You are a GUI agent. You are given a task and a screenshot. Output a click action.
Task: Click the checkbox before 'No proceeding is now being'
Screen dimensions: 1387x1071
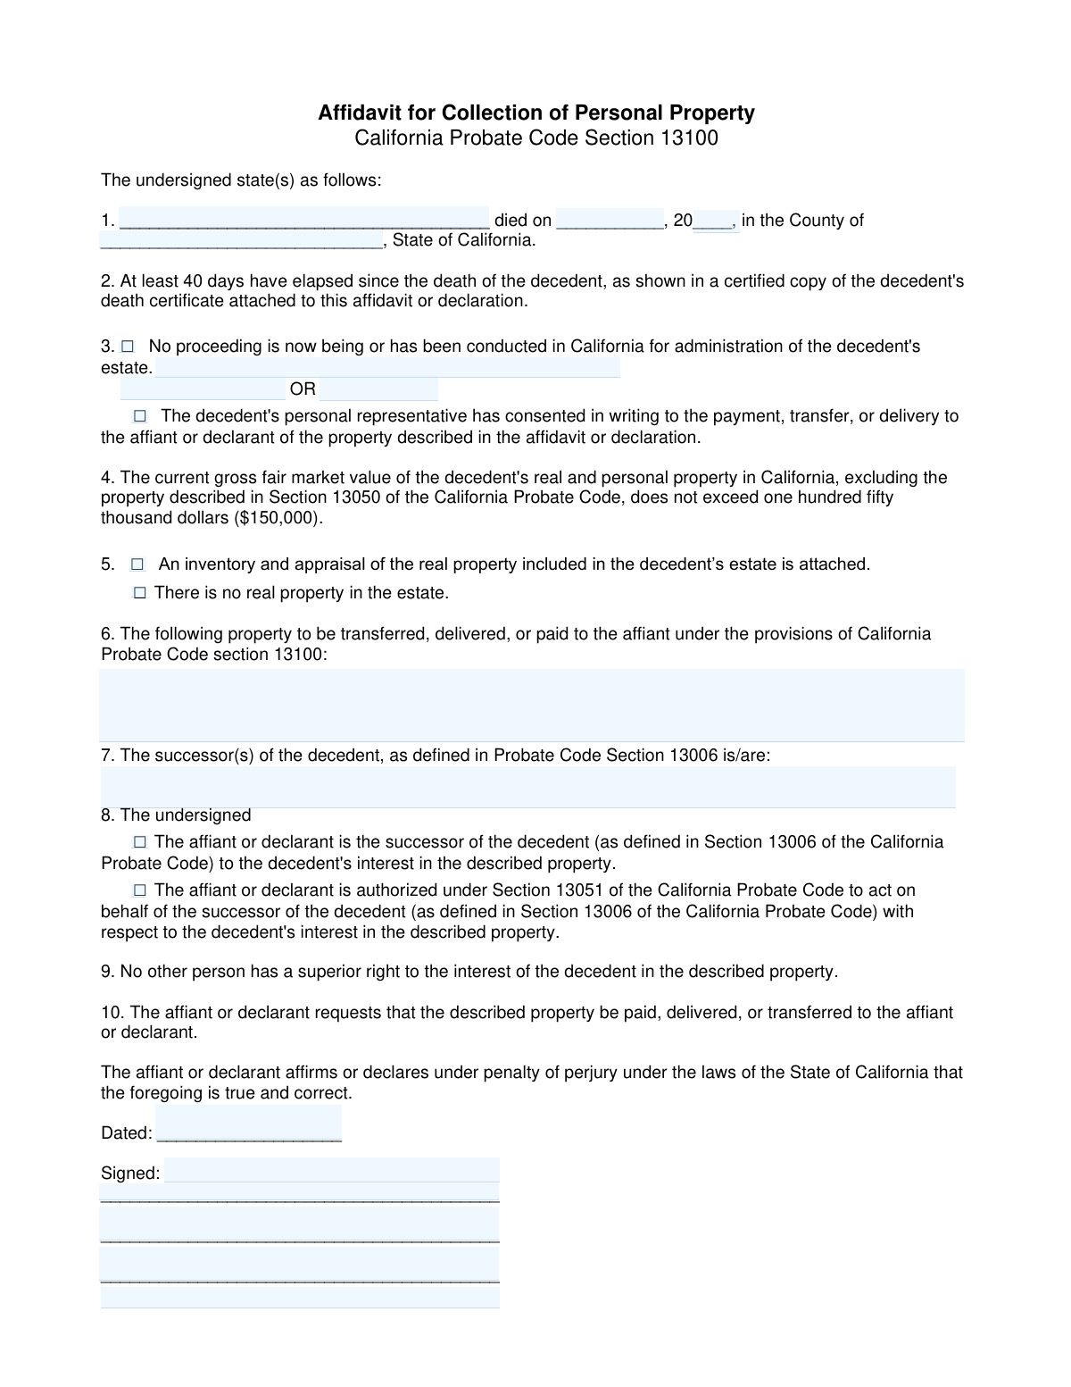click(128, 346)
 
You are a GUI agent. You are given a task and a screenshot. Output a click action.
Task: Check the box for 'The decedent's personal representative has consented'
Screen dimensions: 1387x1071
click(140, 416)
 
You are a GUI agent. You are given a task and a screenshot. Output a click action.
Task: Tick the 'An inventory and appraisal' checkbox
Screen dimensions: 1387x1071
click(137, 564)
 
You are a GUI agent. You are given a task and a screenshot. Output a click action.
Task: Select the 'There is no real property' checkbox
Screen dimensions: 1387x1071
click(140, 593)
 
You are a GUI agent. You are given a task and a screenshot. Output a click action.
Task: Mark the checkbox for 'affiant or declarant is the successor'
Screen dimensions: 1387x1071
click(140, 842)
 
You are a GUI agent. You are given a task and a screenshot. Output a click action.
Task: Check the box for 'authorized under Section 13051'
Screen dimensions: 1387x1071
click(140, 890)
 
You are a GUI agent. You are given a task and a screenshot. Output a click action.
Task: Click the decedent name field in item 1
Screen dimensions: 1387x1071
click(303, 220)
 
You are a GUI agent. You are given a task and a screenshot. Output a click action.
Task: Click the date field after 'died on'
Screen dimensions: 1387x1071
click(610, 220)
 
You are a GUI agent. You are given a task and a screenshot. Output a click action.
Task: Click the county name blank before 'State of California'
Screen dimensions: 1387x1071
click(241, 240)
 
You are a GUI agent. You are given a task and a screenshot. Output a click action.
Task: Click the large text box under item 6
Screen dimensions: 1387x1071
click(532, 705)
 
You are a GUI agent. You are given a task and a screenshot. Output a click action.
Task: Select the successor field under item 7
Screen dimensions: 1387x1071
click(527, 787)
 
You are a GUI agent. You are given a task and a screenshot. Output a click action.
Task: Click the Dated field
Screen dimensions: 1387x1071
click(248, 1124)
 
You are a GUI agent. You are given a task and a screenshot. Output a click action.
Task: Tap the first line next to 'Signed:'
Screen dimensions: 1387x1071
click(331, 1171)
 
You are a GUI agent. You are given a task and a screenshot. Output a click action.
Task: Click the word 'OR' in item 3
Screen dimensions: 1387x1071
click(303, 389)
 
